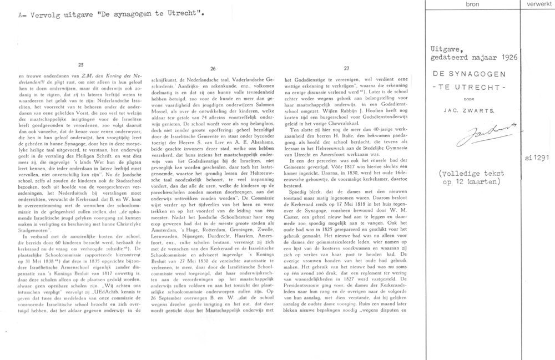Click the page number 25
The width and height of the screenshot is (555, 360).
point(82,64)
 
